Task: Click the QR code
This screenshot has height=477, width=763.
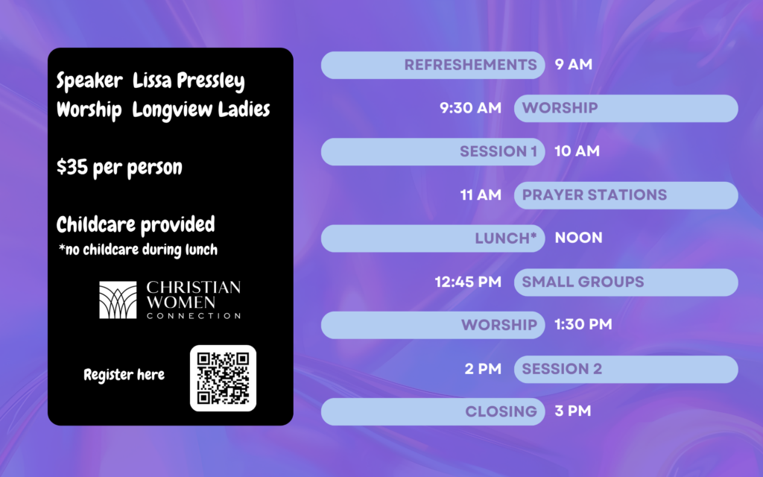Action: coord(223,378)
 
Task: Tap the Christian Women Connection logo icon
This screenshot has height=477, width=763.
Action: coord(118,300)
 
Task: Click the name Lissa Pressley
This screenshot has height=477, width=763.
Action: coord(189,80)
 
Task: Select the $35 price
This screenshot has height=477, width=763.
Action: coord(72,167)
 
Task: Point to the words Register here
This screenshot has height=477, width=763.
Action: coord(124,375)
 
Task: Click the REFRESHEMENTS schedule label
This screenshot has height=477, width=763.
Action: coord(471,65)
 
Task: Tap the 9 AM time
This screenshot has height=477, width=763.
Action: coord(574,64)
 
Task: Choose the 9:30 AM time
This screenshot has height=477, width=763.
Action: coord(471,107)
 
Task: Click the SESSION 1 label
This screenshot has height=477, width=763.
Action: coord(498,151)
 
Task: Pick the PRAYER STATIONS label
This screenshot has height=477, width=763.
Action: coord(594,195)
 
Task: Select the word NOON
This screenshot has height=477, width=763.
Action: coord(578,238)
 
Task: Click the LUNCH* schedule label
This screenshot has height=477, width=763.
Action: coord(506,238)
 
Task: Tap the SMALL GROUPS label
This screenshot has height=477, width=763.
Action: coord(583,282)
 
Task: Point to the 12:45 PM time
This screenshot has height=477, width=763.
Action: coord(468,282)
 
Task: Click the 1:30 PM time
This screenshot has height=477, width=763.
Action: coord(583,325)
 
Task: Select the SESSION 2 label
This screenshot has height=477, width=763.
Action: coord(562,369)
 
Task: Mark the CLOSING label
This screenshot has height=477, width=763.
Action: coord(501,411)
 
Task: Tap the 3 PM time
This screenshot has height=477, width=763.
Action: coord(573,411)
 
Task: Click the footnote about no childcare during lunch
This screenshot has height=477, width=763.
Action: coord(138,250)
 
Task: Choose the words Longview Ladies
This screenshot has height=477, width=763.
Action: coord(201,110)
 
